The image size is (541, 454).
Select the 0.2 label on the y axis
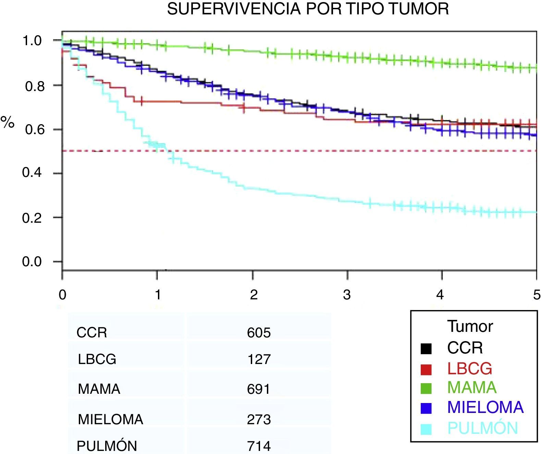click(32, 218)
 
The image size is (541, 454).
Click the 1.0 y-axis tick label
click(32, 41)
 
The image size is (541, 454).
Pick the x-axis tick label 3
click(347, 295)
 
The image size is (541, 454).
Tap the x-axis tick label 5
click(537, 295)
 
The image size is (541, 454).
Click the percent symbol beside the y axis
click(8, 122)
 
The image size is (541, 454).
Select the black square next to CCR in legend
click(426, 348)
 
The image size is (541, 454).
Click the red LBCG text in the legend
click(469, 368)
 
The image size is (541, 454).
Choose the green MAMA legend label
click(472, 388)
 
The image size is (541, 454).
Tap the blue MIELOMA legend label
click(485, 407)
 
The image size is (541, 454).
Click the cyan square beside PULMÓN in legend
click(426, 429)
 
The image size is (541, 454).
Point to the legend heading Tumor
click(470, 326)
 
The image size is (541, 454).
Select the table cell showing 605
click(259, 333)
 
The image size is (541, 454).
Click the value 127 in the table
click(259, 359)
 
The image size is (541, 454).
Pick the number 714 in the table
click(259, 446)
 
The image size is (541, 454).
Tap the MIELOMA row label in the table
click(110, 419)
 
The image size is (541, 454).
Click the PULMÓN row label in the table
click(107, 446)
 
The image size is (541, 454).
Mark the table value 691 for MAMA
click(259, 389)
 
